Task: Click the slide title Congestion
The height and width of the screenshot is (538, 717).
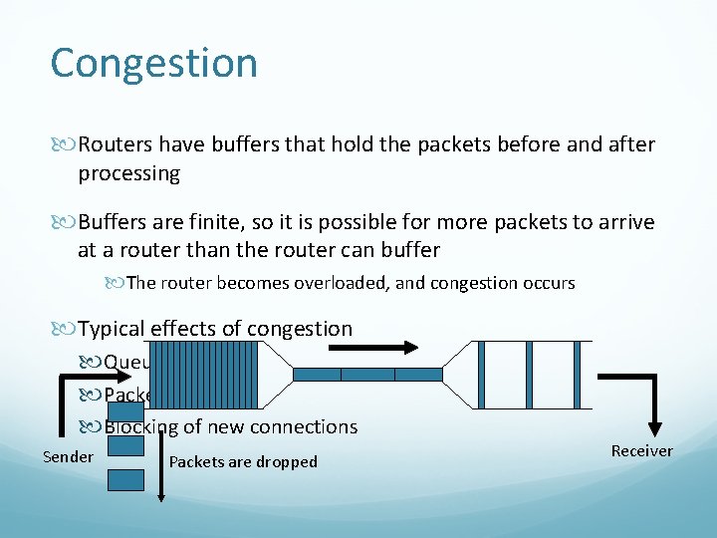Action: click(153, 63)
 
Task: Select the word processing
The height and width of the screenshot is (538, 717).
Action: click(128, 174)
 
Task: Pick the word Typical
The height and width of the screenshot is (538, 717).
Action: click(113, 329)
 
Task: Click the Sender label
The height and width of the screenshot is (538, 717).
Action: click(68, 457)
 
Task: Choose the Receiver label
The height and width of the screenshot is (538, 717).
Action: click(641, 451)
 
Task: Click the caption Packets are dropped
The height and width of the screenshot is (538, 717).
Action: click(243, 462)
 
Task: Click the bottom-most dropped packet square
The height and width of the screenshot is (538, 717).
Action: click(125, 479)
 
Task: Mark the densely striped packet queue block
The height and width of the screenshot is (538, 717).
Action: click(209, 375)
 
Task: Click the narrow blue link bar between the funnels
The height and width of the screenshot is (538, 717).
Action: click(367, 375)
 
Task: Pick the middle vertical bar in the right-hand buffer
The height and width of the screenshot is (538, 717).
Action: click(529, 375)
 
